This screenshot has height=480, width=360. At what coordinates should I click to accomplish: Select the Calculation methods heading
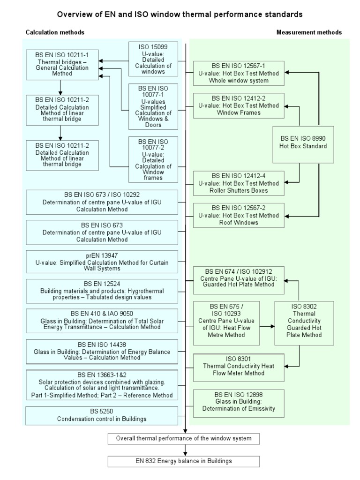tap(55, 32)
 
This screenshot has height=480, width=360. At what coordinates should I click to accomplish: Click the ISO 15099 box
tap(152, 59)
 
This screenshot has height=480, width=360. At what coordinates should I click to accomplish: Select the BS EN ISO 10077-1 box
tap(152, 106)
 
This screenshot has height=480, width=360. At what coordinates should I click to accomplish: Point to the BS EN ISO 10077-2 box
tap(152, 159)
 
